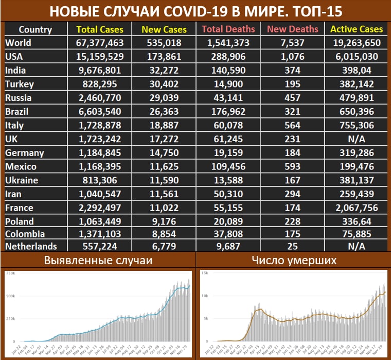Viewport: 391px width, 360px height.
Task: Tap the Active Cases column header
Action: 357,29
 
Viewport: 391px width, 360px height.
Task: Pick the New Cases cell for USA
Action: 164,57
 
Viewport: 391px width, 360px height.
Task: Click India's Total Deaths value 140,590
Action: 228,71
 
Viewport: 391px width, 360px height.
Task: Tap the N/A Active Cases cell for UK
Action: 356,139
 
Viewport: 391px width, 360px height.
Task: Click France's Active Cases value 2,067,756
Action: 356,208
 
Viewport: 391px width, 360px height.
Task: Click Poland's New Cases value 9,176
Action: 164,222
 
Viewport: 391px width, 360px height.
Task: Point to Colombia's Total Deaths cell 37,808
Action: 228,236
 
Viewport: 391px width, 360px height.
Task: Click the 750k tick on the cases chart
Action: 9,272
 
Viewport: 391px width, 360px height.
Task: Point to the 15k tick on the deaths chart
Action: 204,272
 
